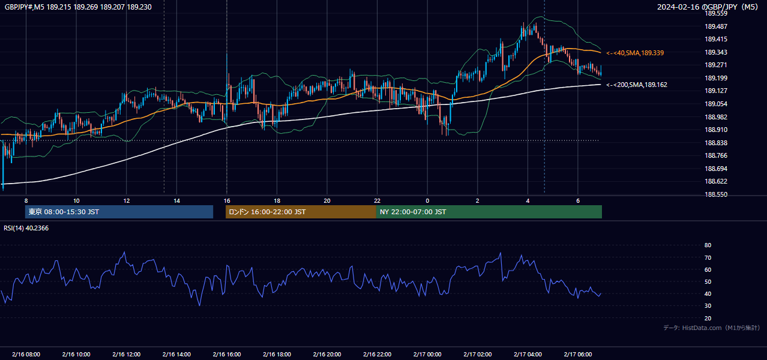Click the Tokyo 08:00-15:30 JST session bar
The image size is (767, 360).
(119, 212)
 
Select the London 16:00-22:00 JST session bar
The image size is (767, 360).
(301, 212)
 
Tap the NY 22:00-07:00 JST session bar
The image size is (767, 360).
(489, 212)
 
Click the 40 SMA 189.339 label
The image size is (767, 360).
(635, 53)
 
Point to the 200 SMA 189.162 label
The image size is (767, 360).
(637, 85)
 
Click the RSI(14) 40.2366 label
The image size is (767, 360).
(26, 228)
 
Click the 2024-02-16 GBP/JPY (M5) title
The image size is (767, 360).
(708, 7)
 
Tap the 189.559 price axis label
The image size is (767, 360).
(715, 14)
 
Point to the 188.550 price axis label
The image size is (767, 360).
(715, 194)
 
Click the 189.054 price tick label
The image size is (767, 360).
(715, 104)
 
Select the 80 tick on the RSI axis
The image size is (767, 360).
(708, 245)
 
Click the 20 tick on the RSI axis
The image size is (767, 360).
(708, 318)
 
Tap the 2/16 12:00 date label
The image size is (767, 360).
(127, 355)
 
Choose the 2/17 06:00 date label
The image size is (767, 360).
(578, 355)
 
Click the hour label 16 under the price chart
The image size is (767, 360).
(227, 201)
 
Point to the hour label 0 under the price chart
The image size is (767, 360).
(427, 201)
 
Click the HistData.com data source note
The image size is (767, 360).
(712, 328)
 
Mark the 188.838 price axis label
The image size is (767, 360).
(715, 143)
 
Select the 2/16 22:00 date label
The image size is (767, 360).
(377, 355)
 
